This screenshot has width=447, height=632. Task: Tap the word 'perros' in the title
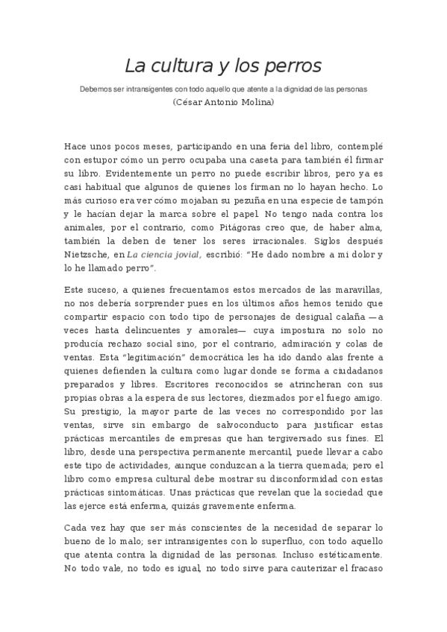tap(293, 66)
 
